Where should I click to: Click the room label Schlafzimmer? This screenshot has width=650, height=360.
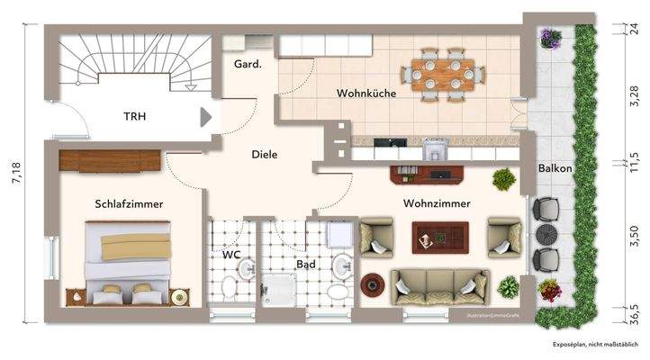point(128,204)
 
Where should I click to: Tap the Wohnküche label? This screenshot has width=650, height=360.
point(367,94)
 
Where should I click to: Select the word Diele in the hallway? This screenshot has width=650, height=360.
point(264,154)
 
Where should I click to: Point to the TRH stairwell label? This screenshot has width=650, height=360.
point(135,116)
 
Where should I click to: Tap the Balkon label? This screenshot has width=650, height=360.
point(555,168)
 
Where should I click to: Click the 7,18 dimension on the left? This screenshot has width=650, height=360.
point(14,171)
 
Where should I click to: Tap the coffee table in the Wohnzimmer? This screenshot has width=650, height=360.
point(441,238)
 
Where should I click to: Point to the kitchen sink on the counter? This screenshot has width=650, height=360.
point(435,145)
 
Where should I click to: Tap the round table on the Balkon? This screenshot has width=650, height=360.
point(547,235)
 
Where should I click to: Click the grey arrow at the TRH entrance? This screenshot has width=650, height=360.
point(206,116)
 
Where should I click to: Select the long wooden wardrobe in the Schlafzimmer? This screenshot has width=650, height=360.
point(110,159)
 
